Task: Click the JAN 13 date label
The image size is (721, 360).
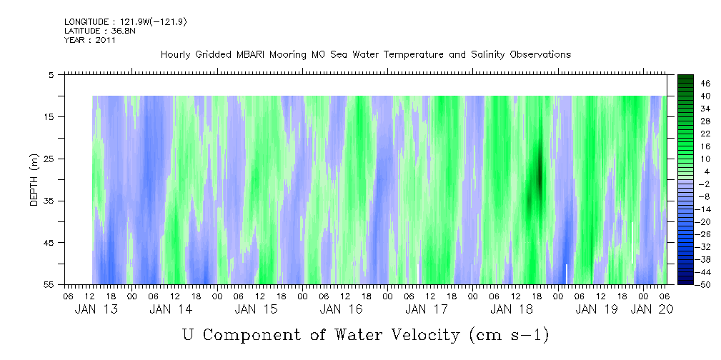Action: [x=96, y=309]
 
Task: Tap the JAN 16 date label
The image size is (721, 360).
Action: [x=341, y=309]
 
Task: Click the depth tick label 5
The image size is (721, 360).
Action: [x=51, y=74]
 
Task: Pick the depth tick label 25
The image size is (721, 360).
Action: [x=50, y=159]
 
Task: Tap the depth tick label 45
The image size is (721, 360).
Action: [x=50, y=243]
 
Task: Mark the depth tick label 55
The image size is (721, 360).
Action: [x=50, y=284]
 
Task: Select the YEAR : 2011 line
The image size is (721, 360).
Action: [x=90, y=40]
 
